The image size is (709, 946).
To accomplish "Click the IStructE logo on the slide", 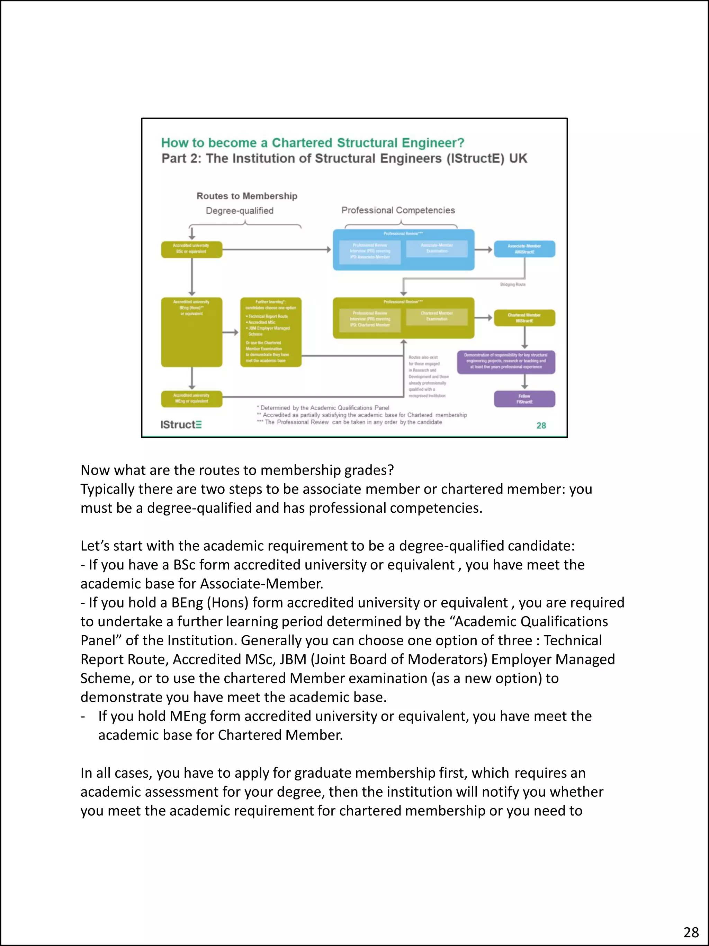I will tap(181, 424).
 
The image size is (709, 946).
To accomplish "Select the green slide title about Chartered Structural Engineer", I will tap(312, 142).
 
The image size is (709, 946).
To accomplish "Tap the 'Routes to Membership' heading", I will tap(246, 196).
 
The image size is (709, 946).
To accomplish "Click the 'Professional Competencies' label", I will tap(398, 210).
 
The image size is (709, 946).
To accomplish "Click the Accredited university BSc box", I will tap(191, 249).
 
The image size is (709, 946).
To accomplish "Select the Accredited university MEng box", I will tap(191, 398).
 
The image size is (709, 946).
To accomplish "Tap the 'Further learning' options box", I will tap(270, 332).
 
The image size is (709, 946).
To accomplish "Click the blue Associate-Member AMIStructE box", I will tap(524, 249).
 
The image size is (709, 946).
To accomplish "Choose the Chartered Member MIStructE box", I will tap(524, 318).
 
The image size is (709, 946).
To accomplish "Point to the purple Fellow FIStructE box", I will tap(524, 399).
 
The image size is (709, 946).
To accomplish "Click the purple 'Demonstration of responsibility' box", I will tap(506, 362).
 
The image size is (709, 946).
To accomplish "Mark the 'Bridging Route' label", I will tap(512, 284).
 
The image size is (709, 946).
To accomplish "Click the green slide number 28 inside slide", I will tap(541, 425).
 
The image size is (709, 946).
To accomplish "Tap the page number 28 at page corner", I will tap(691, 932).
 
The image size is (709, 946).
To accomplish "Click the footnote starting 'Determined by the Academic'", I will tap(323, 408).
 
